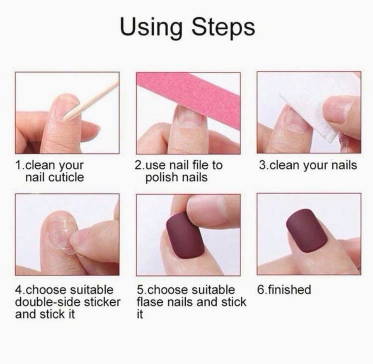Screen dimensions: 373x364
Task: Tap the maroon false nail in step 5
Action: (x=185, y=235)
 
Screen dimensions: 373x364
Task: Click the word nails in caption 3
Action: (x=345, y=165)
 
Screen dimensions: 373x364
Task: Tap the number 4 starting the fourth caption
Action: (x=18, y=290)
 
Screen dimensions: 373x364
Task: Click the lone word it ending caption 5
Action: (x=140, y=314)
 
